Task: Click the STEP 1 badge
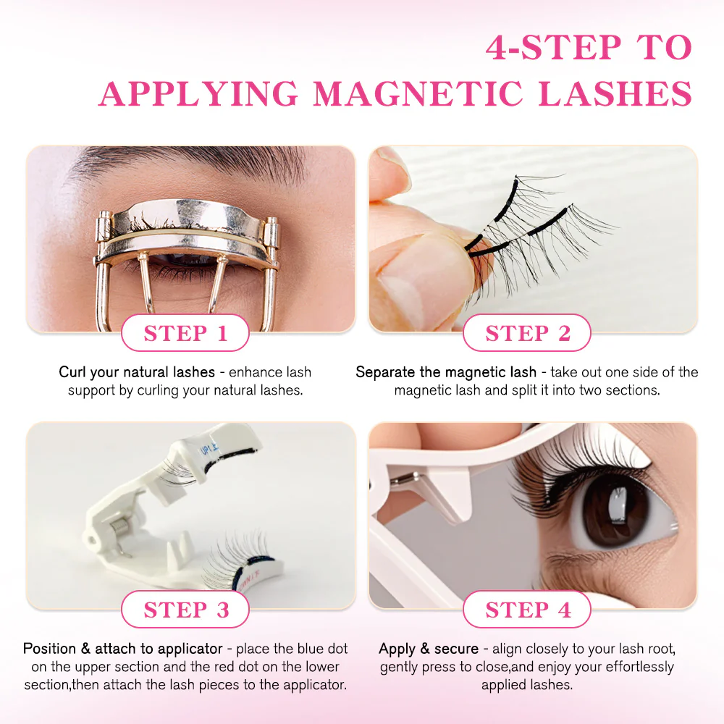coord(185,333)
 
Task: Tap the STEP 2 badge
coord(527,333)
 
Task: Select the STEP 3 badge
coord(185,610)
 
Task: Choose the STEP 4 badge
coord(527,610)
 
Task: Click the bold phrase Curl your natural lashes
coord(137,372)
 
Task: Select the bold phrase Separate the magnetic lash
coord(446,372)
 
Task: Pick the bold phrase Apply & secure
coord(429,649)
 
